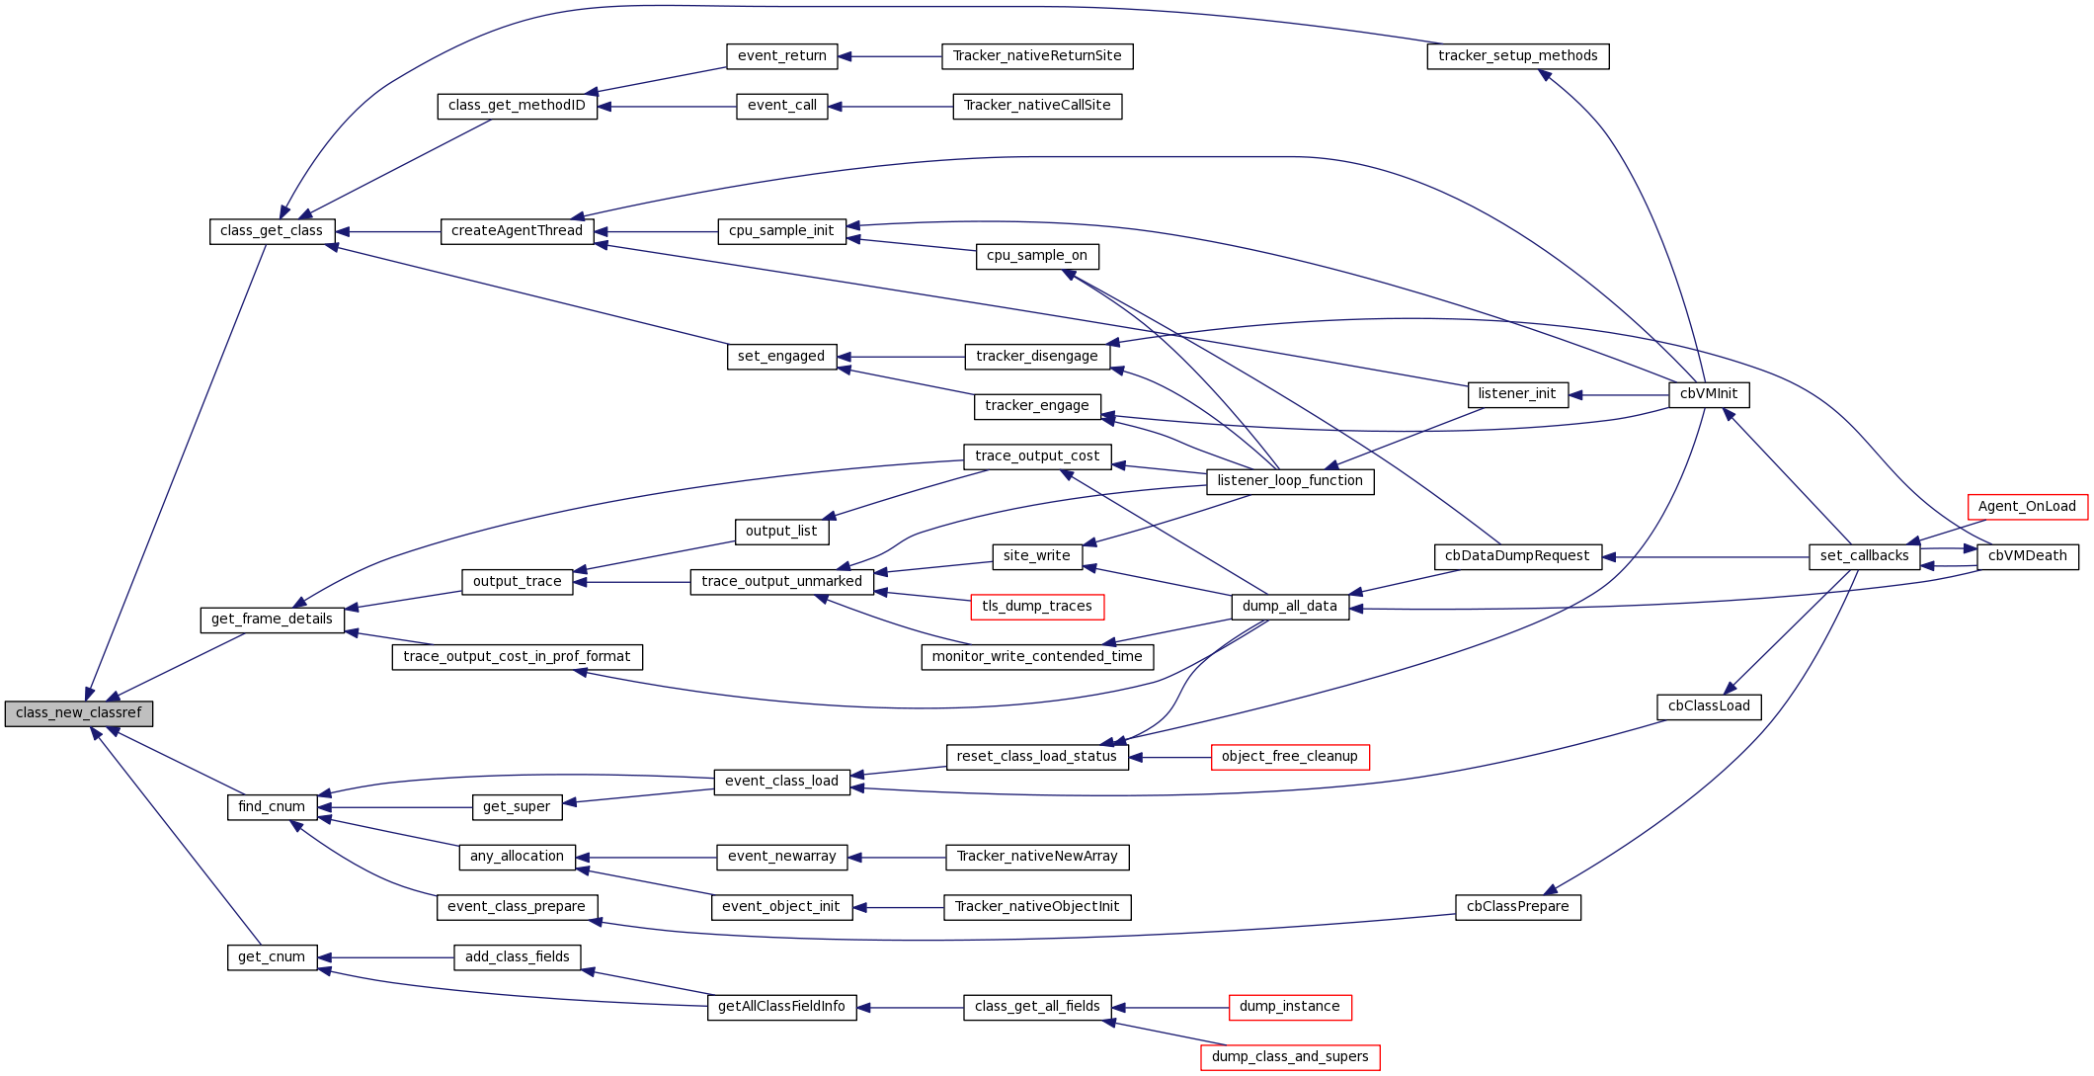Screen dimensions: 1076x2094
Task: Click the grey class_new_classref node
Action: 79,713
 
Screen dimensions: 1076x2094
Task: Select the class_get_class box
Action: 272,231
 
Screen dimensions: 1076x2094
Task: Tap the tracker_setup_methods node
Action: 1517,56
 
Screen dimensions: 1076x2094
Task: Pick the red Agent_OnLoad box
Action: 2027,507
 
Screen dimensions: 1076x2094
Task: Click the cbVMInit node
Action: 1708,394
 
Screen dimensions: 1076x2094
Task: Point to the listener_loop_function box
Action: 1289,481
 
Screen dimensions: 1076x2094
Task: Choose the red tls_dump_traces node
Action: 1036,607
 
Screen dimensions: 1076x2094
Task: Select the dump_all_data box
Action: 1289,607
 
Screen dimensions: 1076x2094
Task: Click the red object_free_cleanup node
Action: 1289,757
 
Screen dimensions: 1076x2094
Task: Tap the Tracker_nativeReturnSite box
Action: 1036,56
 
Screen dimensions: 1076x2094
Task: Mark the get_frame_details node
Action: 272,620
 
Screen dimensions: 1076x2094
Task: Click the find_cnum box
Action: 272,807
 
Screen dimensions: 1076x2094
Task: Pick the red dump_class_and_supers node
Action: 1289,1057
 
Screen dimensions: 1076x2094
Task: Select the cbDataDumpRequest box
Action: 1517,556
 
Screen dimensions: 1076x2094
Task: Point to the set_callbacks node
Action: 1864,556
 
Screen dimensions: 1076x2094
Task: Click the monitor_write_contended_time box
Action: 1036,657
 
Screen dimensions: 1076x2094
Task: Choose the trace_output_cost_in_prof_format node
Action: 517,657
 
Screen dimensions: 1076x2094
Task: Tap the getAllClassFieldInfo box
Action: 781,1007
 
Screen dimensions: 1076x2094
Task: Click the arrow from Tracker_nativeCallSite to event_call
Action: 890,107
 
